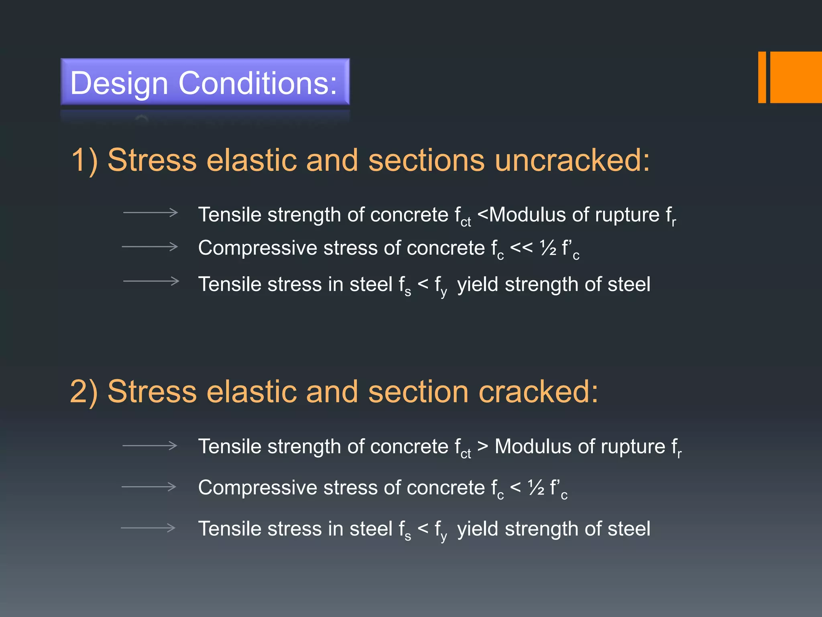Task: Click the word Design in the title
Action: point(119,83)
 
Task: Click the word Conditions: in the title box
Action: point(258,83)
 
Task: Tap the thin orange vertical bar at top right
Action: point(762,77)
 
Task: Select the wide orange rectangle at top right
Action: point(796,77)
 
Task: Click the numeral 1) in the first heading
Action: point(84,160)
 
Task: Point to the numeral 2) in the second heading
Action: point(83,392)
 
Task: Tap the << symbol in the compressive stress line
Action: point(521,248)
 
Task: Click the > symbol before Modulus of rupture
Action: point(483,446)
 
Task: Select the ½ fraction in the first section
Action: point(548,248)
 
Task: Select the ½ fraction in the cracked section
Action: point(536,488)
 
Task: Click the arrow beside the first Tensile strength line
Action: point(151,212)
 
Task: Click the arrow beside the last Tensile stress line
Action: point(148,527)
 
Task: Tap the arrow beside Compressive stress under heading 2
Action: point(149,487)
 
